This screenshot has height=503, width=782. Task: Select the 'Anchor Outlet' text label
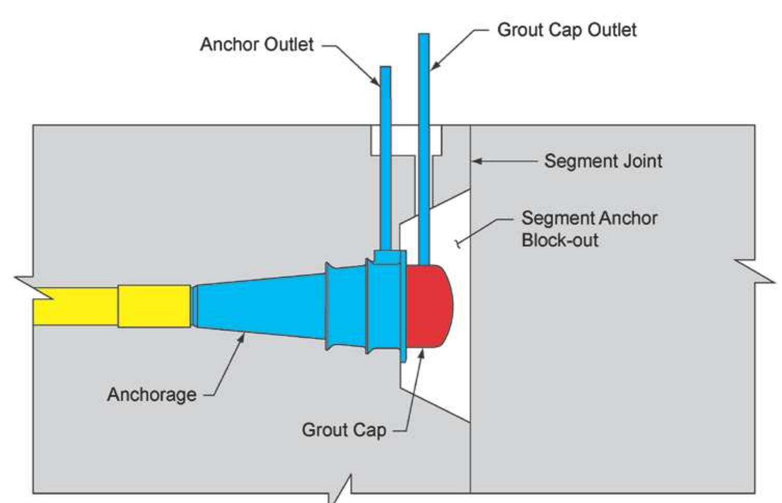click(257, 45)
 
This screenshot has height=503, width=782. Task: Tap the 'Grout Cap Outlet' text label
click(566, 30)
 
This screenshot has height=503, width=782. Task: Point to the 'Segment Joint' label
click(603, 161)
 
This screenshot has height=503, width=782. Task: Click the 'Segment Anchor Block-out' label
click(589, 229)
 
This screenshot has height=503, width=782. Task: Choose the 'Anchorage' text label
click(151, 395)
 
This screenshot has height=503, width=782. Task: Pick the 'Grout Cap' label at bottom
click(344, 430)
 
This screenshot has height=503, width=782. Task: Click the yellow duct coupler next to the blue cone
click(154, 306)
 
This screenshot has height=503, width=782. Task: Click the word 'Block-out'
click(560, 240)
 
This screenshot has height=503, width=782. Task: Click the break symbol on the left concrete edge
click(34, 288)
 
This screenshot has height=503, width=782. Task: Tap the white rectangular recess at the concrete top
click(406, 140)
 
